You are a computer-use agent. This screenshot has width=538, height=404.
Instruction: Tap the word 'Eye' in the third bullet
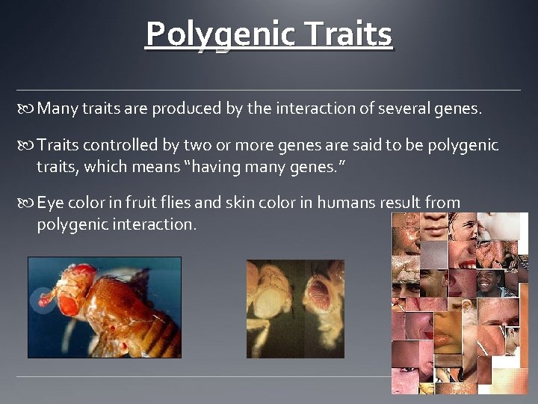[50, 202]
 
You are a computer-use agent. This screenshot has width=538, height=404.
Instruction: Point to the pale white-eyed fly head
[270, 303]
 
